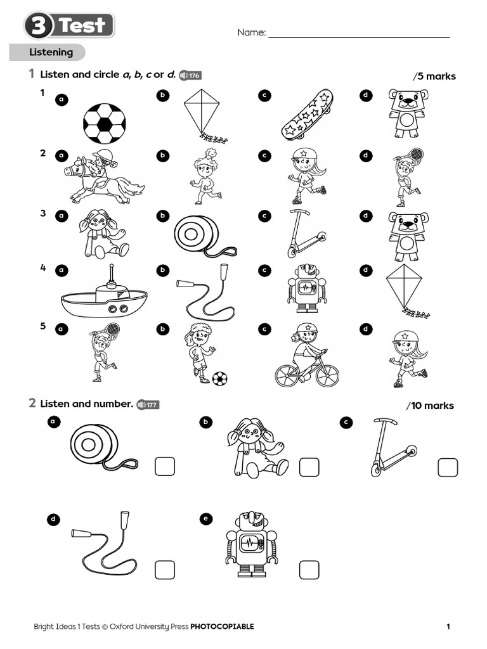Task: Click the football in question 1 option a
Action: click(x=105, y=123)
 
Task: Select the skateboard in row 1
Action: click(x=307, y=115)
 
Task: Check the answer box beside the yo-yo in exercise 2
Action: click(x=165, y=467)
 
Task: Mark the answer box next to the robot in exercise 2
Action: click(x=309, y=569)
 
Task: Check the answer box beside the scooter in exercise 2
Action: click(x=448, y=467)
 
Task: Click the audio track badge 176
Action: click(x=190, y=75)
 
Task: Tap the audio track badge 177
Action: click(x=148, y=404)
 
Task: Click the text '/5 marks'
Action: click(x=434, y=77)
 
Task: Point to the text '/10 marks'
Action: click(x=430, y=406)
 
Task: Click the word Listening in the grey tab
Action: click(x=51, y=52)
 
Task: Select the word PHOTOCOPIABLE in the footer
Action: click(x=222, y=627)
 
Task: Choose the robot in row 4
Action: click(x=307, y=288)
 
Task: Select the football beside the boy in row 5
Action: click(x=219, y=379)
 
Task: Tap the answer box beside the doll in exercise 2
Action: click(x=309, y=467)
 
